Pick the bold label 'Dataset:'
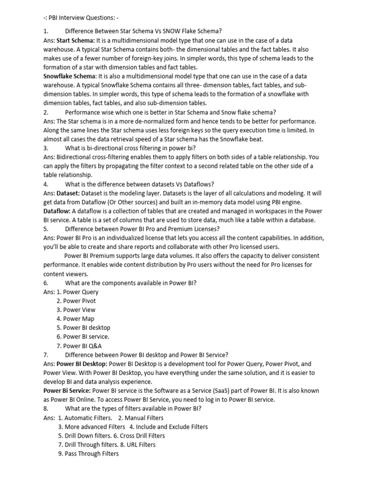(70, 193)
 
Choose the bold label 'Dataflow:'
(57, 210)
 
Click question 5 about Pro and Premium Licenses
(142, 229)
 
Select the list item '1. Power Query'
(77, 292)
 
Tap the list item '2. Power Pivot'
(76, 301)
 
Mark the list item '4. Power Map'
(75, 318)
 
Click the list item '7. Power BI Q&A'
(79, 345)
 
